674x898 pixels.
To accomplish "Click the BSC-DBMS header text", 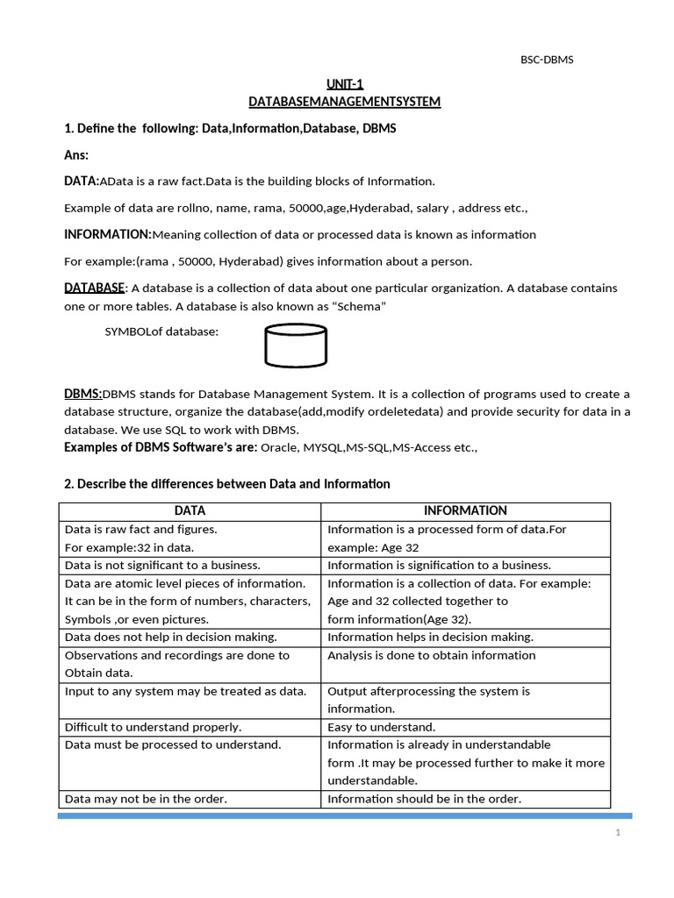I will tap(548, 60).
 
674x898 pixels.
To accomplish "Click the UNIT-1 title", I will tap(344, 84).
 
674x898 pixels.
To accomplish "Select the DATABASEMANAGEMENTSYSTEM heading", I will tap(344, 102).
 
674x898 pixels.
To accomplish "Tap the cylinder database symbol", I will tap(296, 346).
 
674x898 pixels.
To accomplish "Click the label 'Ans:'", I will tap(77, 154).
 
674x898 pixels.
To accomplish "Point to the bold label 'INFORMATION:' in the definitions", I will tap(108, 234).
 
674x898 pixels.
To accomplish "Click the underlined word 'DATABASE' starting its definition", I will tap(95, 288).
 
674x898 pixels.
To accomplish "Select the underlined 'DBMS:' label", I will tap(83, 394).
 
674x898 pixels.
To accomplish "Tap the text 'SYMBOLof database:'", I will tap(161, 331).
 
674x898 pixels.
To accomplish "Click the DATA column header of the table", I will tap(190, 510).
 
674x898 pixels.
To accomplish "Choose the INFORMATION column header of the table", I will tap(465, 510).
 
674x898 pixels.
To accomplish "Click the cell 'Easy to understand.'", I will tap(381, 727).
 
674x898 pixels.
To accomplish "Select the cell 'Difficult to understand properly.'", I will tap(153, 727).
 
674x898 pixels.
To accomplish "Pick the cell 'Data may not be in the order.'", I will tap(146, 798).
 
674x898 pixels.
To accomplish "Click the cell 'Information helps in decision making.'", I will tap(430, 637).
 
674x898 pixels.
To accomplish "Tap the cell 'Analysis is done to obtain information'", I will tap(431, 655).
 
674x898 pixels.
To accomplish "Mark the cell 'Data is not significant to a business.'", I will tap(162, 565).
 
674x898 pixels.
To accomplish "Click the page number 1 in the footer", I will tap(618, 833).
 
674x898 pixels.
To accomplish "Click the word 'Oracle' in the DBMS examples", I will tap(279, 447).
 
